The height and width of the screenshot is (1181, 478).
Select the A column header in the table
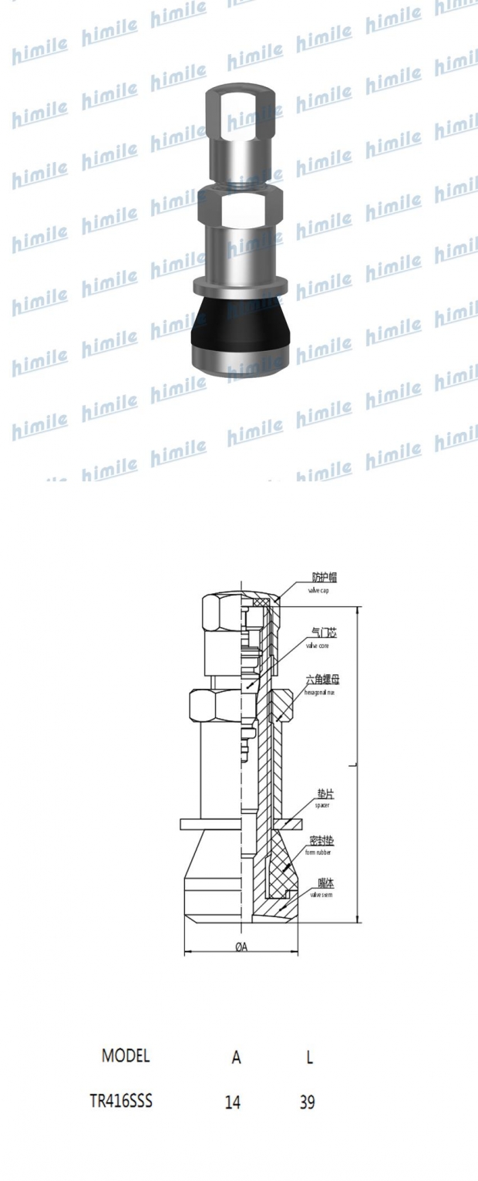236,1058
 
